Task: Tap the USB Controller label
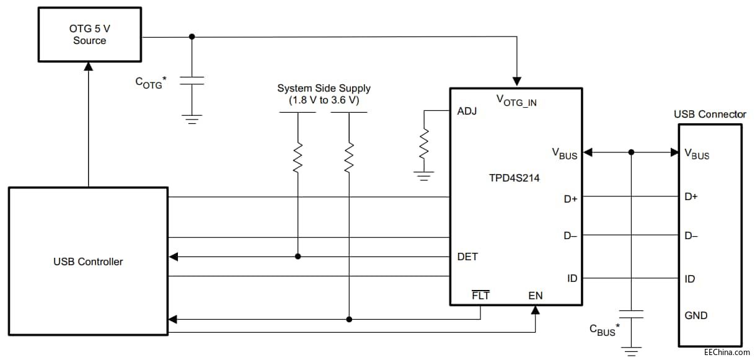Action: tap(87, 261)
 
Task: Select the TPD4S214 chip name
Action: tap(514, 177)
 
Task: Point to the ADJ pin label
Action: tap(467, 112)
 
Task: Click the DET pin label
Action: tap(467, 257)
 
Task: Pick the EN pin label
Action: tap(536, 296)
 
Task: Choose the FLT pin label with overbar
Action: tap(480, 296)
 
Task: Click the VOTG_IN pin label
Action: tap(516, 100)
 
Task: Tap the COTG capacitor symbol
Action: tap(192, 81)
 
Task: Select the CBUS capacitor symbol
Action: tap(631, 315)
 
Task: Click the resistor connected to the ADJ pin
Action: tap(424, 144)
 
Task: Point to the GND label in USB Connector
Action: tap(696, 315)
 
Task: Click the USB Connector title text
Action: tap(710, 115)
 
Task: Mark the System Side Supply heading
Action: tap(324, 89)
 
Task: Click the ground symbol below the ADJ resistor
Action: tap(424, 176)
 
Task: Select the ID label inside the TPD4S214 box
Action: tap(572, 278)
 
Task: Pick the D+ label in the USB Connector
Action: tap(691, 197)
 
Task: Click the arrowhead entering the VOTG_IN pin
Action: tap(516, 81)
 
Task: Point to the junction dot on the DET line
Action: tap(298, 257)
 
